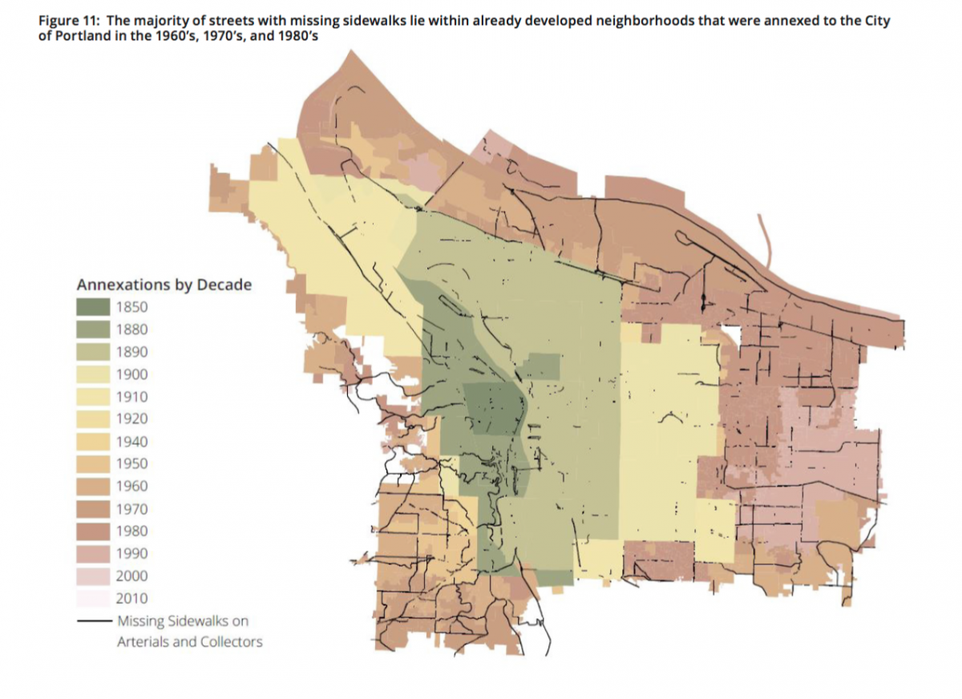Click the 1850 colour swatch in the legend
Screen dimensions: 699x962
pos(93,306)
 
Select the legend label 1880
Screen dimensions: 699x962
pos(131,329)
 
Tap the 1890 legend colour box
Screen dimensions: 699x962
pos(93,351)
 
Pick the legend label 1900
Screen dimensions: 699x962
pos(131,374)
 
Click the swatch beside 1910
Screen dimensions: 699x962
pos(93,396)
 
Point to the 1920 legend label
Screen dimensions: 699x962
pos(131,418)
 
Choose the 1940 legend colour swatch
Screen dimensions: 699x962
pos(93,441)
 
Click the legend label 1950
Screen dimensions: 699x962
pos(131,463)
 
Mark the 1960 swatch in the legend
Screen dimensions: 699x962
pos(93,486)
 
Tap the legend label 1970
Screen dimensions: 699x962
pos(131,508)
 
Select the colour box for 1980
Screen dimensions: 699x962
pos(93,531)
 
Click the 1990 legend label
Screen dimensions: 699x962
pos(131,553)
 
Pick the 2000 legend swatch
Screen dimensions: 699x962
pos(93,576)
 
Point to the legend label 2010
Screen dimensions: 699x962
pos(131,598)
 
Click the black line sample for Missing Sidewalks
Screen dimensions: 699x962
pos(93,621)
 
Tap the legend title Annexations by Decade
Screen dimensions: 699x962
pos(164,285)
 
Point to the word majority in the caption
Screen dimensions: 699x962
pos(149,21)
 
